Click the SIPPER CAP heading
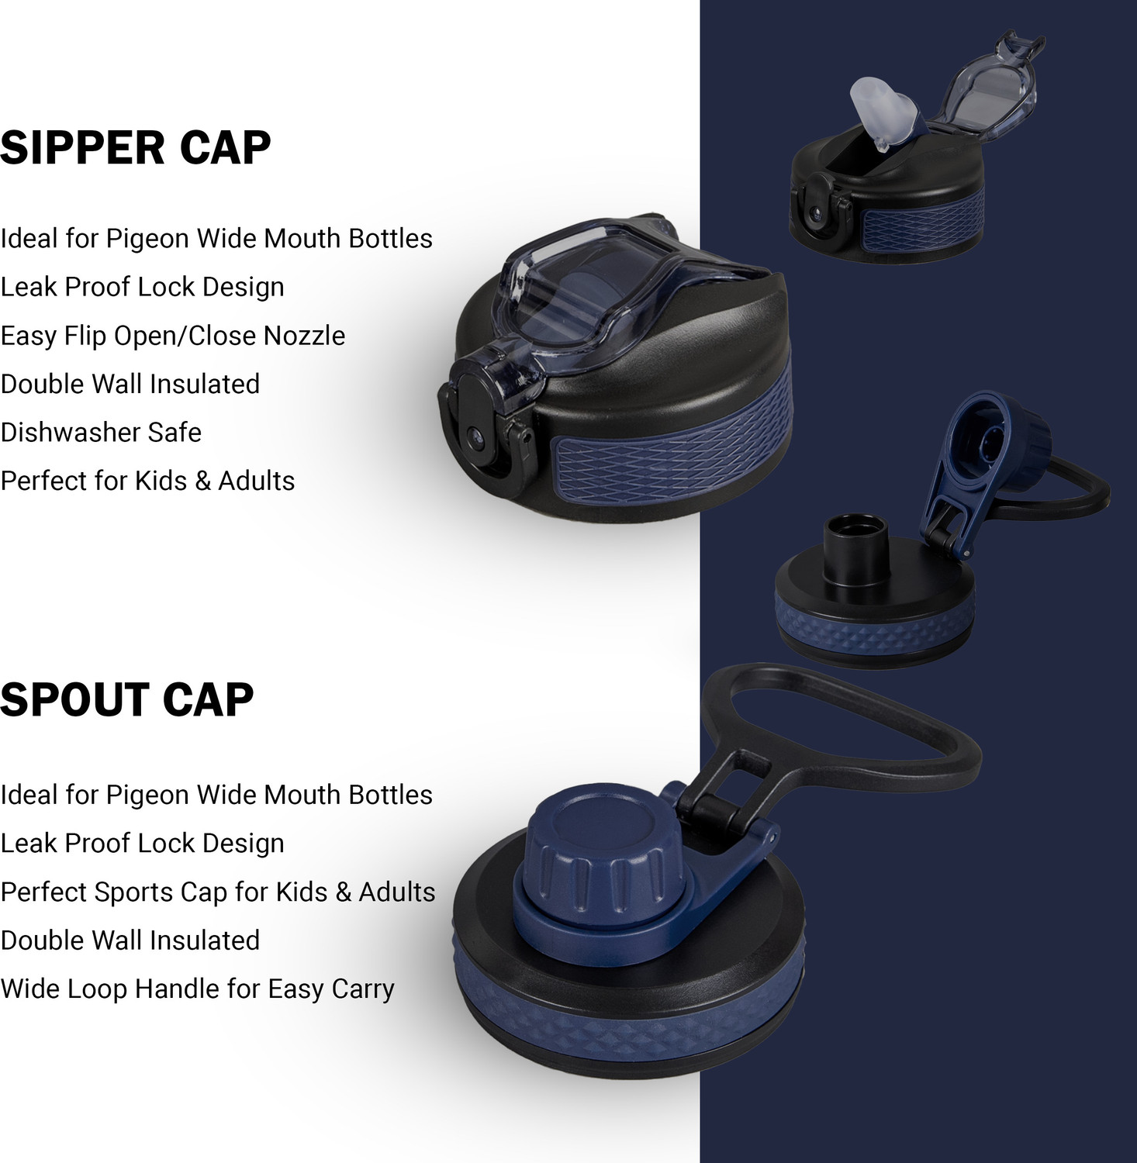136,147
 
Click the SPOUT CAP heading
127,700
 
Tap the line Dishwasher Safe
101,432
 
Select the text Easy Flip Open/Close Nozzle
173,336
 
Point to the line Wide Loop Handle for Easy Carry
198,989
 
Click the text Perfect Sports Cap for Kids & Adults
218,892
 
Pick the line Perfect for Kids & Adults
147,481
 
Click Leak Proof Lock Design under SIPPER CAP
142,287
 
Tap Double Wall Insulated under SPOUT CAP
130,940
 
